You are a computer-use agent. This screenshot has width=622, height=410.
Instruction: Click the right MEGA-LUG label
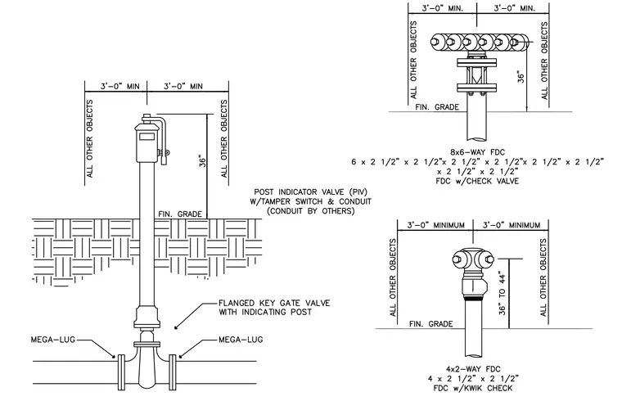coord(241,340)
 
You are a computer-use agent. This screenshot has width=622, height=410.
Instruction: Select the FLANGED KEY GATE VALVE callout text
coord(274,308)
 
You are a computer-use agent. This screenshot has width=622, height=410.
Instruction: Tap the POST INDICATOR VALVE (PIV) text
coord(311,192)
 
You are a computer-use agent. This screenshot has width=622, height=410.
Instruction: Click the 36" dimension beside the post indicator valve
coord(203,160)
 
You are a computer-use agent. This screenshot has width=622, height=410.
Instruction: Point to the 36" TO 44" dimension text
coord(503,294)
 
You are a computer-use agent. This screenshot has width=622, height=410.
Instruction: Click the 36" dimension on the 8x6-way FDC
coord(521,77)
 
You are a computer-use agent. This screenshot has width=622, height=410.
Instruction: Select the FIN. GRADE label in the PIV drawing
coord(180,214)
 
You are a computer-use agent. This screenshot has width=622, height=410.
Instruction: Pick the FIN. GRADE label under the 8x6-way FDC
coord(437,107)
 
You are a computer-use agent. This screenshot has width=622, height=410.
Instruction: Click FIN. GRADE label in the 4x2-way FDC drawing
coord(430,324)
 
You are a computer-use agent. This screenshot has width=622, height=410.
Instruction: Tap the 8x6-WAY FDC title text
coord(477,152)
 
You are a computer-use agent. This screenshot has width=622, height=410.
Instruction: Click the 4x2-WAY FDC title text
coord(473,369)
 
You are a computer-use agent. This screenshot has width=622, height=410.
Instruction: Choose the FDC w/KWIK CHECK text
coord(473,388)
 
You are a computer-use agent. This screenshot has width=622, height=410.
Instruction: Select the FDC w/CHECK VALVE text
coord(477,181)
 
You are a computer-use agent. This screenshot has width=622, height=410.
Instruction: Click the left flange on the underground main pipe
coord(121,372)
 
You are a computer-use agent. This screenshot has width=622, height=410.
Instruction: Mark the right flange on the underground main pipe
coord(173,372)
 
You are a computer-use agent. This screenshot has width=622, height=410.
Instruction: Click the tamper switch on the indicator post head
coord(164,152)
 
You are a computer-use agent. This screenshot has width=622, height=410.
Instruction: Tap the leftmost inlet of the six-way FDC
coord(439,42)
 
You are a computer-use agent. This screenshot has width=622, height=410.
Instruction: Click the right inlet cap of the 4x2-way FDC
coord(488,259)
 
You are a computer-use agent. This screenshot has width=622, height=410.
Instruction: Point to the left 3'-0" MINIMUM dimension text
coord(436,225)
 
